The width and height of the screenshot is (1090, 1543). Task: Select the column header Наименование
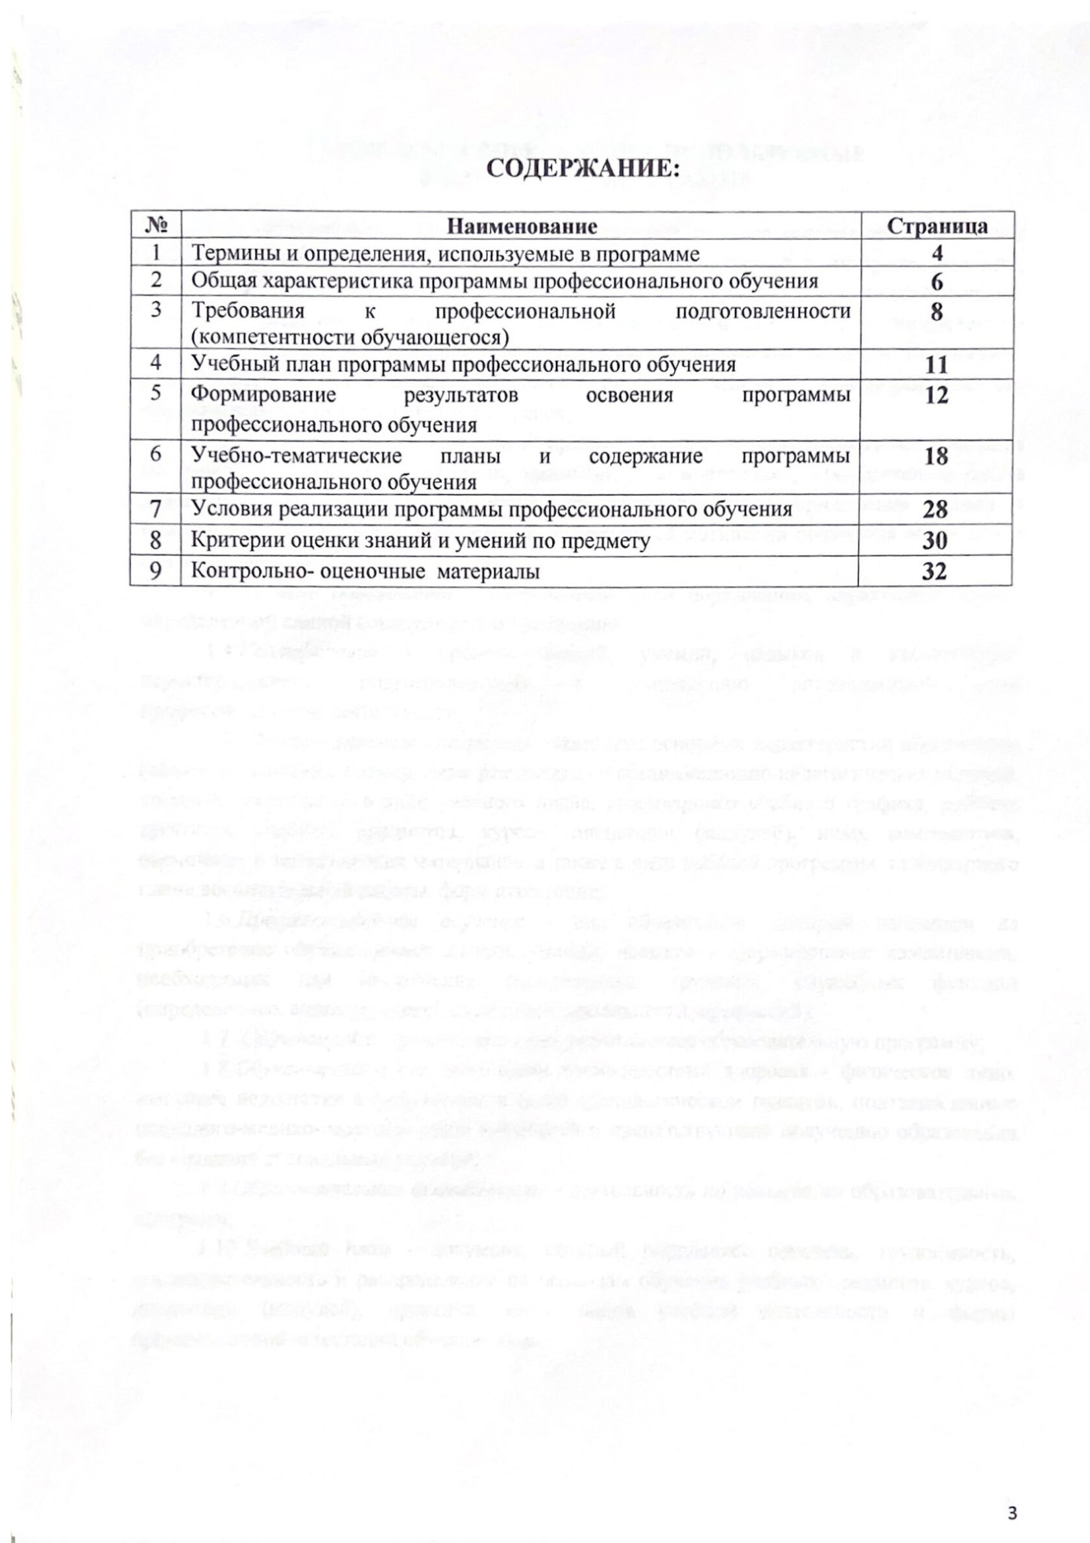click(522, 227)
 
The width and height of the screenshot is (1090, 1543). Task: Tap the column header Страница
click(937, 226)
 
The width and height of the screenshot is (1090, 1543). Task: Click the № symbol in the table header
click(156, 227)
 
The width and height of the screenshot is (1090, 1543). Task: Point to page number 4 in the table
click(937, 254)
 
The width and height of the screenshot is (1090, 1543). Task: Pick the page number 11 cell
click(936, 365)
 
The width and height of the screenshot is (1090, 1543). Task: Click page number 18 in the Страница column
click(936, 456)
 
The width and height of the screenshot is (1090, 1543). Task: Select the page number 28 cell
click(936, 510)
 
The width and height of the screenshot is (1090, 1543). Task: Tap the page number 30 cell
click(936, 541)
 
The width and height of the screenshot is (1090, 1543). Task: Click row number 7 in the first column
click(155, 510)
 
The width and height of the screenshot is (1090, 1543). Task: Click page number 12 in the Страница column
click(936, 396)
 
